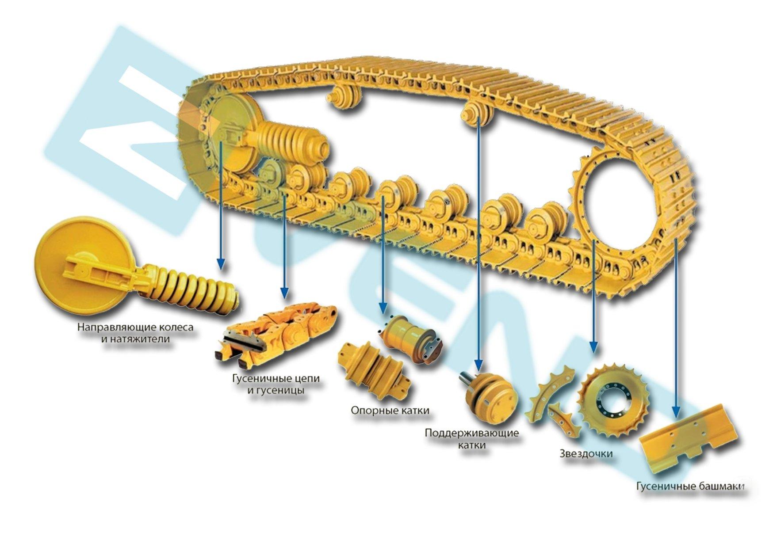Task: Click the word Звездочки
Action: tap(586, 453)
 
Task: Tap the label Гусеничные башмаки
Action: tap(690, 487)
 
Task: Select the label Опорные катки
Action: tap(390, 411)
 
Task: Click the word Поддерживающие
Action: tap(472, 432)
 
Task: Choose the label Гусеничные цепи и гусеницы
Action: tap(276, 384)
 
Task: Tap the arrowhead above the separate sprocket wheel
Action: tap(594, 346)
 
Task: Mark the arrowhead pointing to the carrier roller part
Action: tap(478, 364)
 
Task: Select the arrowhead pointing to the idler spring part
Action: tap(221, 264)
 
